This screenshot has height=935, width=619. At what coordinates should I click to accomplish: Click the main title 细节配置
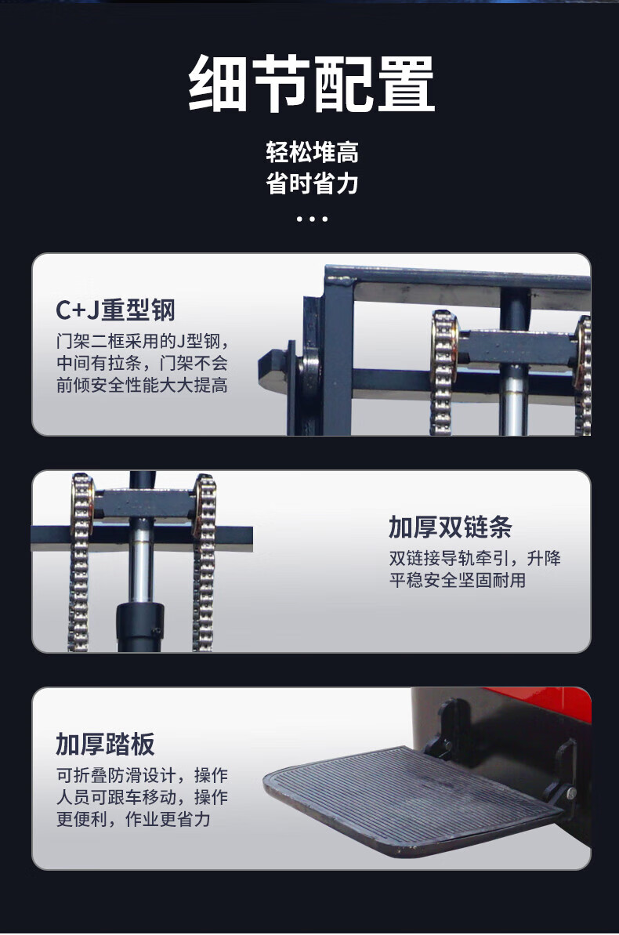[x=311, y=84]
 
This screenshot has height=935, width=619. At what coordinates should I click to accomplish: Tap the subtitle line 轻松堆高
[x=312, y=153]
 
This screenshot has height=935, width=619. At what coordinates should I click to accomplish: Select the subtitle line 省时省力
[x=312, y=183]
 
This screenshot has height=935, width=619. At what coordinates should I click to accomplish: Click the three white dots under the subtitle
[x=312, y=219]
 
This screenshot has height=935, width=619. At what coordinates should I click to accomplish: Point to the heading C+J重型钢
[x=115, y=310]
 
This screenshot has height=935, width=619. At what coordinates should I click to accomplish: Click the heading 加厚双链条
[x=451, y=527]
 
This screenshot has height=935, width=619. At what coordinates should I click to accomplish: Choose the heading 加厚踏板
[x=105, y=745]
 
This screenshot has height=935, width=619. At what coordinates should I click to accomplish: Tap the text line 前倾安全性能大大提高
[x=142, y=386]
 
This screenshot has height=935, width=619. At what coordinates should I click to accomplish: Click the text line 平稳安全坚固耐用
[x=458, y=580]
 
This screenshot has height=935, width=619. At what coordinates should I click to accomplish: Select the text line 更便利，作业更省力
[x=133, y=819]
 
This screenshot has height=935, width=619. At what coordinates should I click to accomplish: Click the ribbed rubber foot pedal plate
[x=411, y=799]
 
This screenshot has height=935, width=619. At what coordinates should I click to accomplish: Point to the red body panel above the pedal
[x=537, y=705]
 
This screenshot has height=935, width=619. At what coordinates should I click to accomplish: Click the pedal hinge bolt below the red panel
[x=570, y=793]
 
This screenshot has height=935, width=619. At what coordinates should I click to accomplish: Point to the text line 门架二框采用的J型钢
[x=142, y=342]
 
